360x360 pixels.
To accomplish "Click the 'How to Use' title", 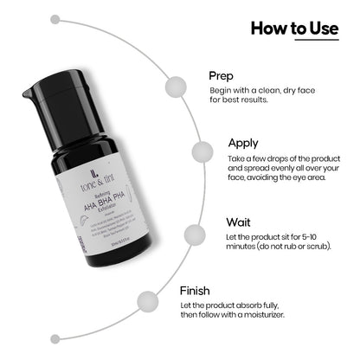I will tap(294, 28).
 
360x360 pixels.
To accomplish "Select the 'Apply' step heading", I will tap(245, 143).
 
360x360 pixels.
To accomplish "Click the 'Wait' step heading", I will tap(240, 222).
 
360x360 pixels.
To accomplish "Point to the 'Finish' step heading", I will tap(199, 292).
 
